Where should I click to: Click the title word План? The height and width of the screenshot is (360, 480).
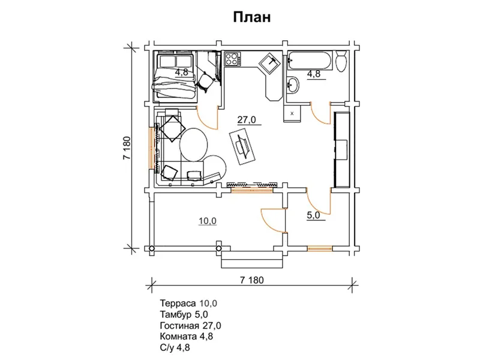(x=252, y=17)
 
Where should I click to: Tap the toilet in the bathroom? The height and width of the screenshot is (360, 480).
(x=341, y=61)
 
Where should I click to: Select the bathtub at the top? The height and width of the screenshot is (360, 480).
(x=309, y=61)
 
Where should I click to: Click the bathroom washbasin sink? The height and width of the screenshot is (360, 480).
(x=293, y=84)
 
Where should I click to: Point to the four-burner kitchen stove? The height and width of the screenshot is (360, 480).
(x=232, y=59)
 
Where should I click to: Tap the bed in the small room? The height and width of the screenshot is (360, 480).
(x=175, y=76)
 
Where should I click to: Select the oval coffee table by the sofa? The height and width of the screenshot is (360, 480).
(x=194, y=144)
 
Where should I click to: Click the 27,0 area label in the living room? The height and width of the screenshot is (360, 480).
(x=247, y=119)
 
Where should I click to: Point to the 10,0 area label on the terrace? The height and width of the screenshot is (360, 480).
(x=208, y=221)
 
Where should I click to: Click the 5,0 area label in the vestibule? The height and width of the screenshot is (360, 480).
(x=313, y=215)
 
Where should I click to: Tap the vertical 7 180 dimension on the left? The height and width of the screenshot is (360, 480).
(x=127, y=148)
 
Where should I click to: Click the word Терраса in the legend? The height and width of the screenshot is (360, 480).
(x=178, y=304)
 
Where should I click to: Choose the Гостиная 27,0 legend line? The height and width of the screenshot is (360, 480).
(x=190, y=325)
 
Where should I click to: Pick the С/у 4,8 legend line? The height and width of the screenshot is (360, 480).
(x=175, y=347)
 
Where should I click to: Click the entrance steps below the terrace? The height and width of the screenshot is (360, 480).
(x=251, y=260)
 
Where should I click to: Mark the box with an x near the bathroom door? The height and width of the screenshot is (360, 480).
(x=292, y=113)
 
